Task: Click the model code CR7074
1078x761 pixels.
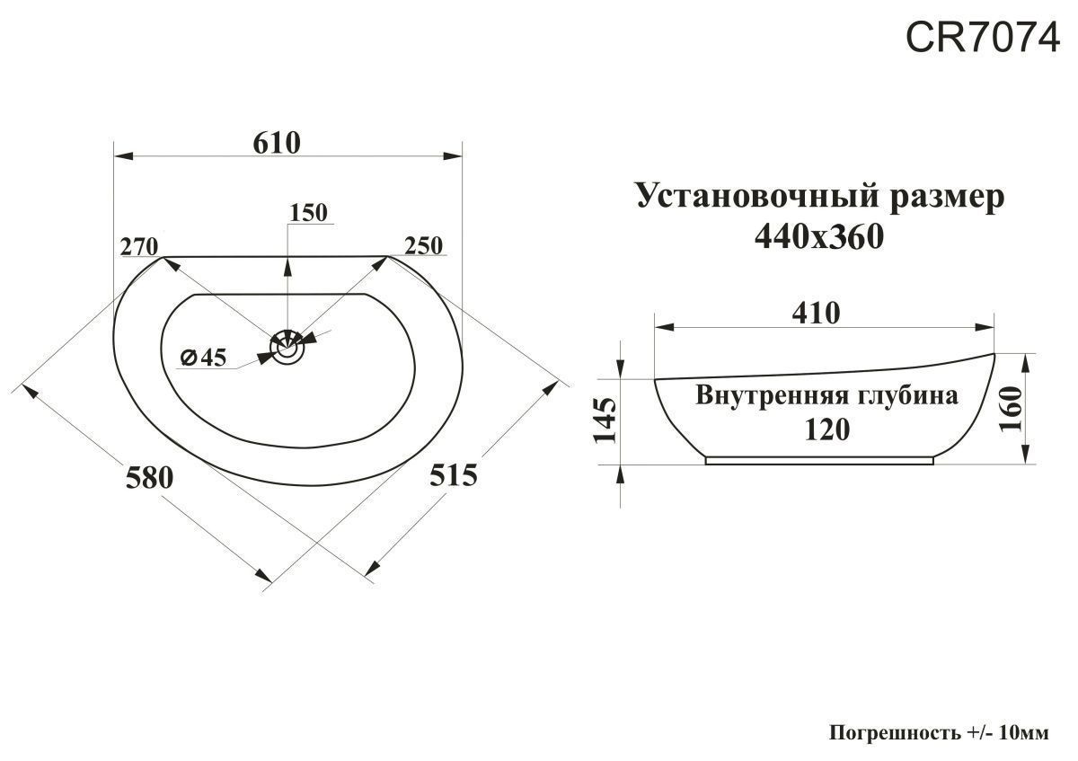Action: (x=982, y=38)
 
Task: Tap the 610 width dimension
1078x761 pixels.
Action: (x=277, y=143)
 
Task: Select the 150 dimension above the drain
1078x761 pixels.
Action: (x=308, y=212)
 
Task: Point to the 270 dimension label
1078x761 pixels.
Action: (x=138, y=247)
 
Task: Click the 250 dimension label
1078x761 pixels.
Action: (x=423, y=245)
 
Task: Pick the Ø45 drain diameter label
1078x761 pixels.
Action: (x=203, y=358)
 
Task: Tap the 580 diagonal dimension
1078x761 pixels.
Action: (x=149, y=478)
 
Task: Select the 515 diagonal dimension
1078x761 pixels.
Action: (x=454, y=475)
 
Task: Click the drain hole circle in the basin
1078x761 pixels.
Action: (x=287, y=346)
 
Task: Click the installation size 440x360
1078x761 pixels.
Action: (x=819, y=236)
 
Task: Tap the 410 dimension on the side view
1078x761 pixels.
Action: (x=817, y=313)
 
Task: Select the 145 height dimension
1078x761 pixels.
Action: (x=605, y=420)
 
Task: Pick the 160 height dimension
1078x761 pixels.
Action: (x=1010, y=409)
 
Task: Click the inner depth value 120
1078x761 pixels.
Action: (x=827, y=429)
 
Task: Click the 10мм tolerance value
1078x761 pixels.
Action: (x=1021, y=733)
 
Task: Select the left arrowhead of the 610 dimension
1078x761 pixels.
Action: (x=123, y=156)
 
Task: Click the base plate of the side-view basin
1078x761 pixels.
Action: (x=819, y=461)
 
